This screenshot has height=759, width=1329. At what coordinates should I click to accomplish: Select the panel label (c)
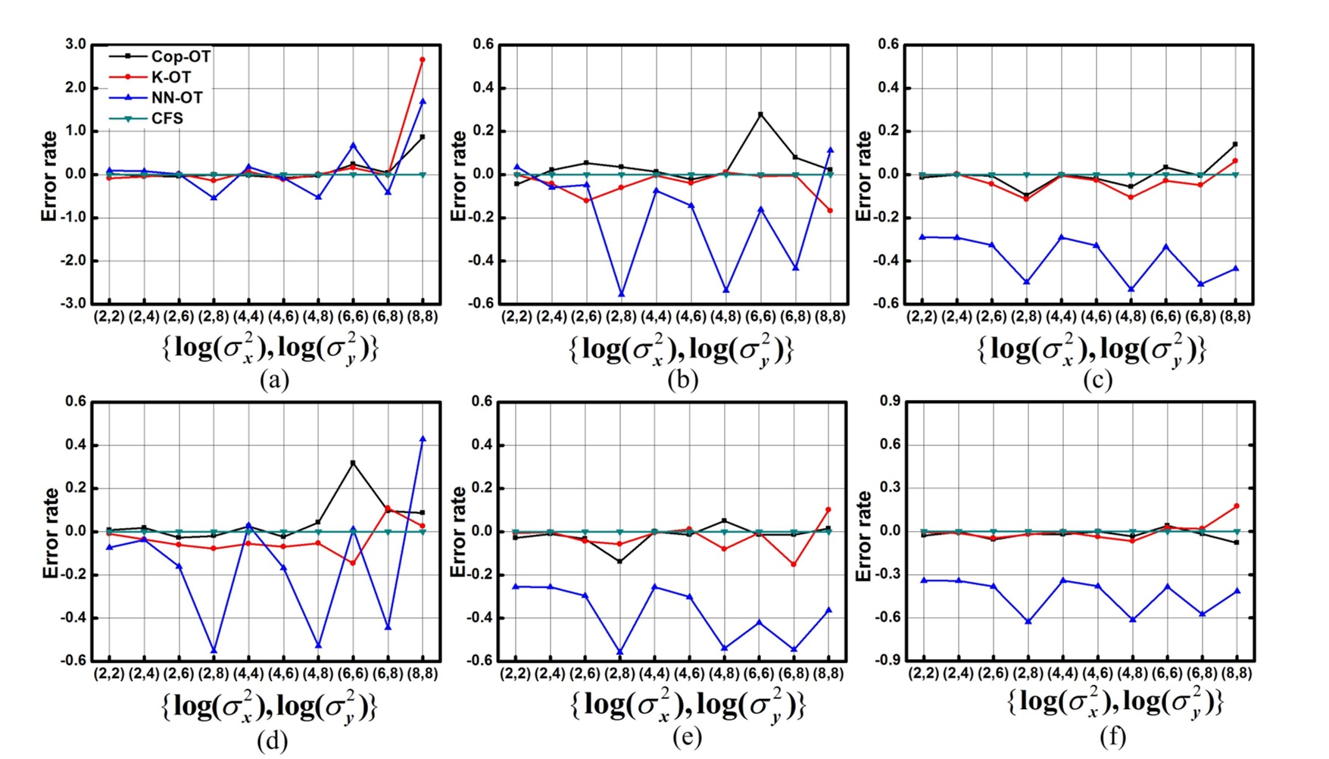(1097, 379)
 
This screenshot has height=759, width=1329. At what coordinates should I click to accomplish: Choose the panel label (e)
(687, 736)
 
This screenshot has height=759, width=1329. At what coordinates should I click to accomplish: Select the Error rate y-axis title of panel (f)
(864, 535)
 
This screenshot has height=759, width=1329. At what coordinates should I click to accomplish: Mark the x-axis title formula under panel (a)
(270, 348)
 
